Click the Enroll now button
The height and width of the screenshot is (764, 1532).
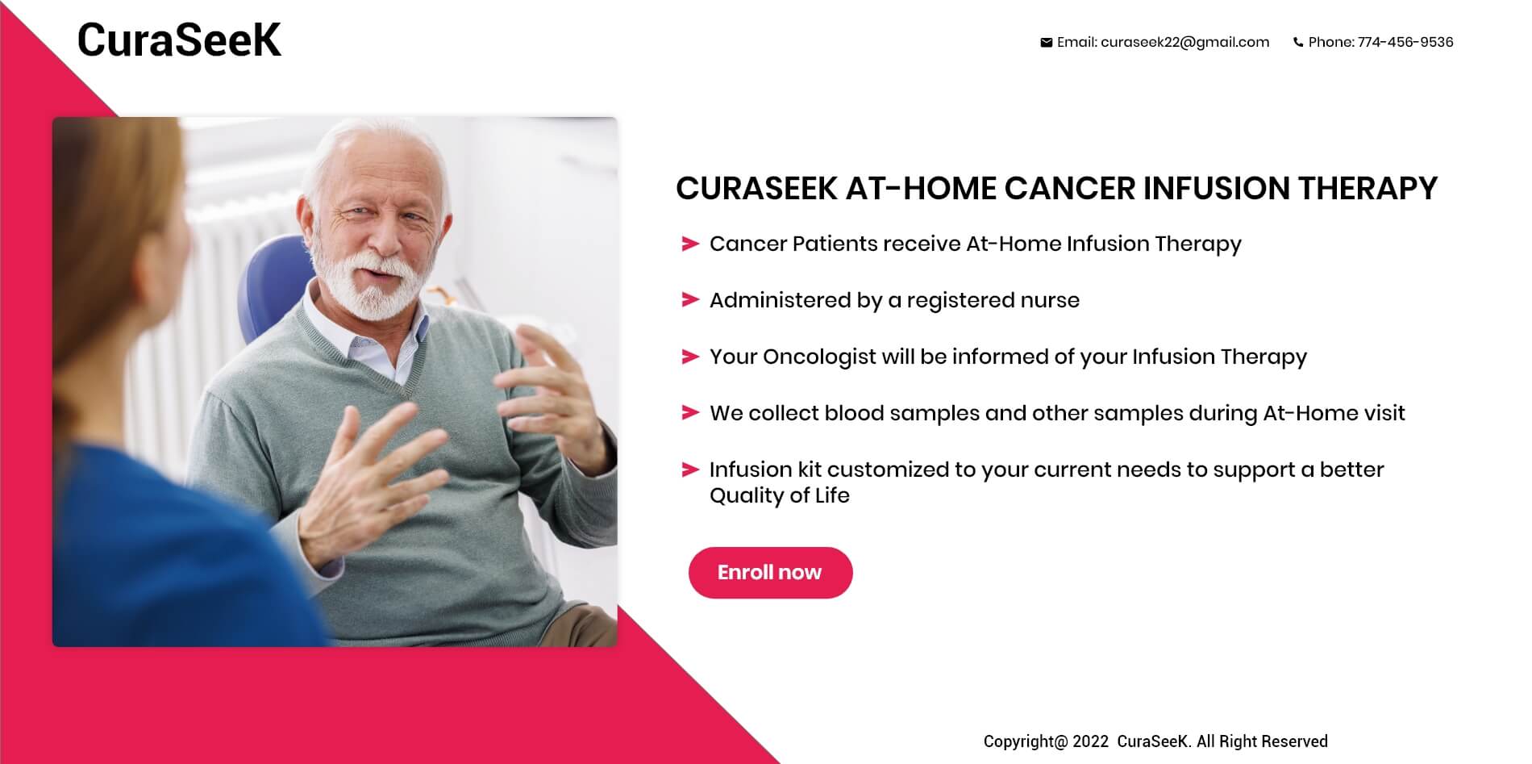(770, 573)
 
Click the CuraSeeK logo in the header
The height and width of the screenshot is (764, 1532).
(179, 40)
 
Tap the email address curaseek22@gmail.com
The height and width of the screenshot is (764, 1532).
(1184, 43)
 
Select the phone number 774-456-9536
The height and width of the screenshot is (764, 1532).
(1405, 43)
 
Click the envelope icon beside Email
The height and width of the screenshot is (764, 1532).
(1046, 43)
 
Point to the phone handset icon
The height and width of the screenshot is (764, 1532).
(1298, 43)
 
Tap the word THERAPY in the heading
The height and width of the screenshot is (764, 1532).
(1368, 189)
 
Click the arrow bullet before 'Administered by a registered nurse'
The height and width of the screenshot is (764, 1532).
(690, 300)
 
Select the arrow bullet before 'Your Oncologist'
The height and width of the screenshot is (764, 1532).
(690, 357)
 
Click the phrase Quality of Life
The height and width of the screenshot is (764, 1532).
(780, 496)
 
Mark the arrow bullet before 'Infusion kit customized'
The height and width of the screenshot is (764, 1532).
(690, 470)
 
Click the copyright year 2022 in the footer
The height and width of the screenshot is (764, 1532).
(1091, 741)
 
